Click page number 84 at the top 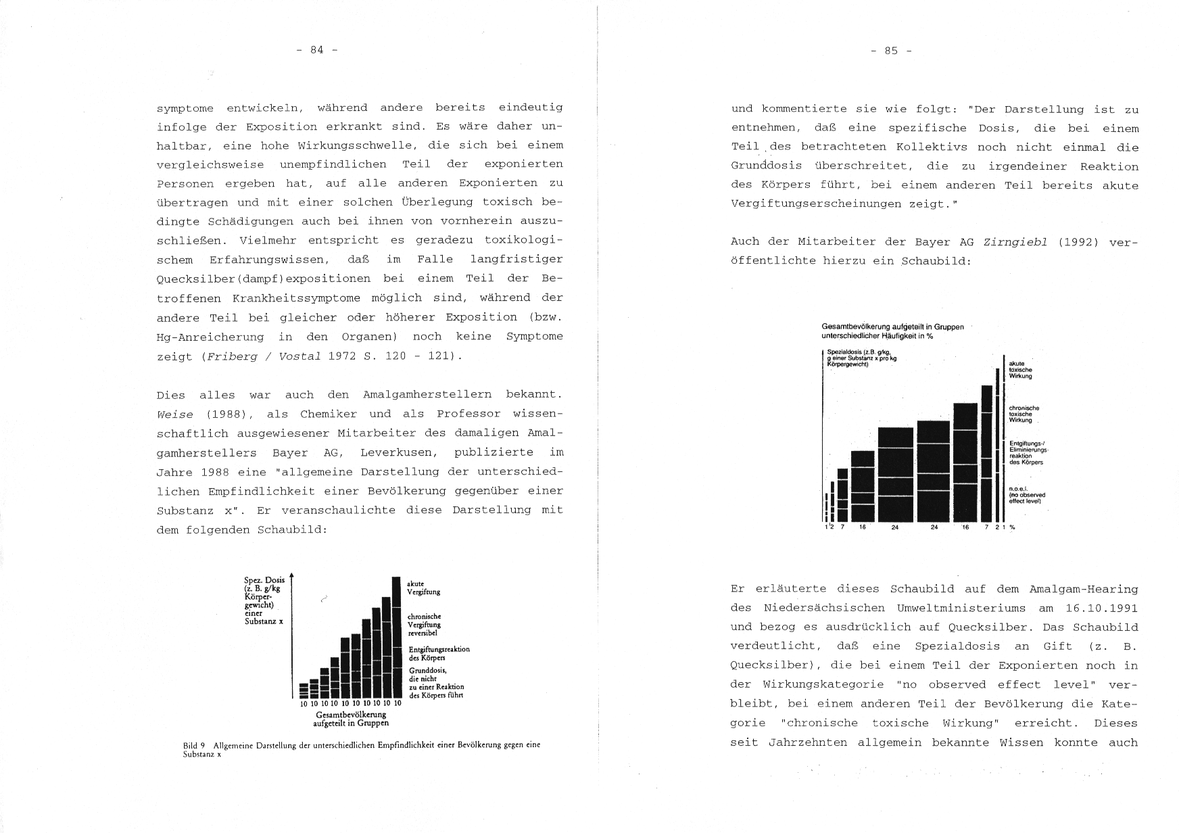pos(316,49)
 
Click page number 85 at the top pos(891,51)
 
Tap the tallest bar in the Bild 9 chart pos(396,636)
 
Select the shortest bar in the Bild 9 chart pos(304,690)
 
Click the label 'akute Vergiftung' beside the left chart pos(423,588)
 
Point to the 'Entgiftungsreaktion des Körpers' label pos(439,653)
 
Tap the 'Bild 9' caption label pos(193,745)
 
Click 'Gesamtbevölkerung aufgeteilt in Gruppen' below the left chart pos(351,718)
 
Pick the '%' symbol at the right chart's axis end pos(1012,527)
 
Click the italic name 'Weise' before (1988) pos(174,414)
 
